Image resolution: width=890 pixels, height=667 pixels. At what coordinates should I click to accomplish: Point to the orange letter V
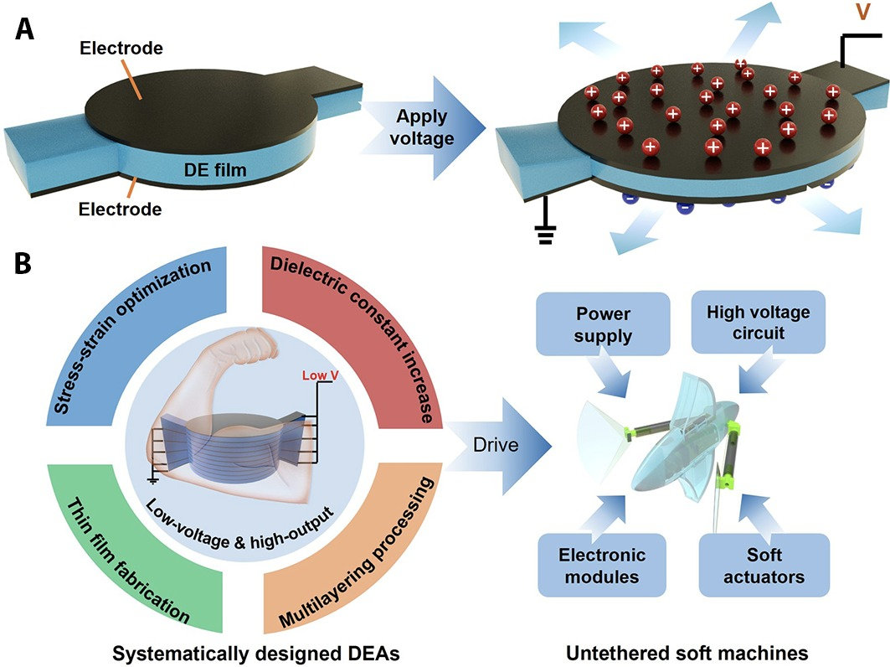867,15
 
